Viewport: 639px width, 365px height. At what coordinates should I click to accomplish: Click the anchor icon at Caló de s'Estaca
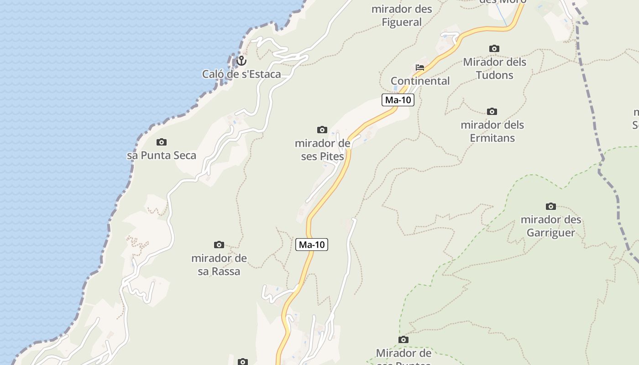coord(241,60)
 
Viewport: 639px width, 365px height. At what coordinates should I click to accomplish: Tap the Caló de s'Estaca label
coord(241,74)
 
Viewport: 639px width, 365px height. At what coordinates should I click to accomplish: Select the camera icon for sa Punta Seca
coord(162,142)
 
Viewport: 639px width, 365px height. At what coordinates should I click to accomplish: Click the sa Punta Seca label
coord(162,155)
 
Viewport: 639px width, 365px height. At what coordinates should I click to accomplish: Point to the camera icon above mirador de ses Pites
coord(322,130)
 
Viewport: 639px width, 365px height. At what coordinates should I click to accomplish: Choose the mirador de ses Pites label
coord(322,150)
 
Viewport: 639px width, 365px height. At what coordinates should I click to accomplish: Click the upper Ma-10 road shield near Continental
coord(398,100)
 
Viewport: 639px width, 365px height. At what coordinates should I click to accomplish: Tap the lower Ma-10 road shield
coord(312,245)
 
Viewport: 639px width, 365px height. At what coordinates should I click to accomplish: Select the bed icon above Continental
coord(420,68)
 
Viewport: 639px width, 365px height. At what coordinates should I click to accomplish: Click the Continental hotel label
coord(420,81)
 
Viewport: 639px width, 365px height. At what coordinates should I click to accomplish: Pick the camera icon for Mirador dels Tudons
coord(494,48)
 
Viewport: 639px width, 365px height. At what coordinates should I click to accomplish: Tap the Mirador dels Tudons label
coord(495,68)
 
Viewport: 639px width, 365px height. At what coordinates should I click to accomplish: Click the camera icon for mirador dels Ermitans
coord(492,111)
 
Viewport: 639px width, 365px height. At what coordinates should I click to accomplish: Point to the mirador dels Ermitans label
coord(492,131)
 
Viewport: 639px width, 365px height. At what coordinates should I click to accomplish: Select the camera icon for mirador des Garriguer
coord(551,206)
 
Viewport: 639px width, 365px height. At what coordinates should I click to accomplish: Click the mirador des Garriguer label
coord(551,226)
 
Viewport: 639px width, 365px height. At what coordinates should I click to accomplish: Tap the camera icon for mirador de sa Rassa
coord(219,245)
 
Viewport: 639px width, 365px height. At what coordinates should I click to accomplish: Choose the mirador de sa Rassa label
coord(219,265)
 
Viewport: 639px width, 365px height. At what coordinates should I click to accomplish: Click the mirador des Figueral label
coord(402,16)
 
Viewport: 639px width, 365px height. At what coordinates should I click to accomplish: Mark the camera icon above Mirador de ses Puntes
coord(403,339)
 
